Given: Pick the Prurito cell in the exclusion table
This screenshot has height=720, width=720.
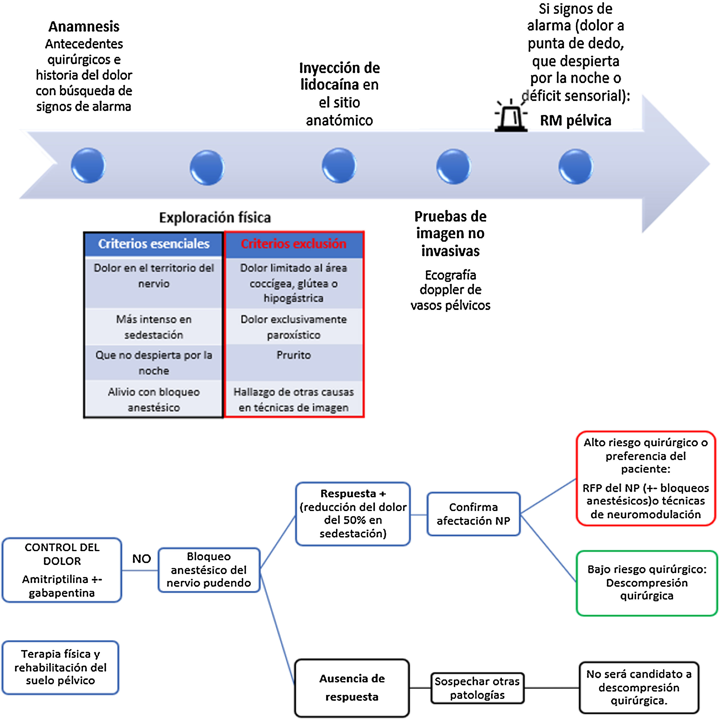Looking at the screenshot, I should point(294,355).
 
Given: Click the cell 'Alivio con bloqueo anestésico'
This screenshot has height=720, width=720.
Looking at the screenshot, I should point(154,400).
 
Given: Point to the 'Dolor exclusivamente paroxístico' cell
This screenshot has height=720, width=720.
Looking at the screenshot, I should point(294,327).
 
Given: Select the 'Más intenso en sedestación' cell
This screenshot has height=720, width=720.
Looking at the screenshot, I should point(154,327).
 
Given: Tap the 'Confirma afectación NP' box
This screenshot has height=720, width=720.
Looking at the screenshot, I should point(473,514).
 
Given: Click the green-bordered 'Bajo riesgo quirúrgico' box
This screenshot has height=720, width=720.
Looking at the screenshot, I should point(647,582).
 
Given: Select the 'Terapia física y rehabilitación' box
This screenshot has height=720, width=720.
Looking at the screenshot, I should point(60,667).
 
